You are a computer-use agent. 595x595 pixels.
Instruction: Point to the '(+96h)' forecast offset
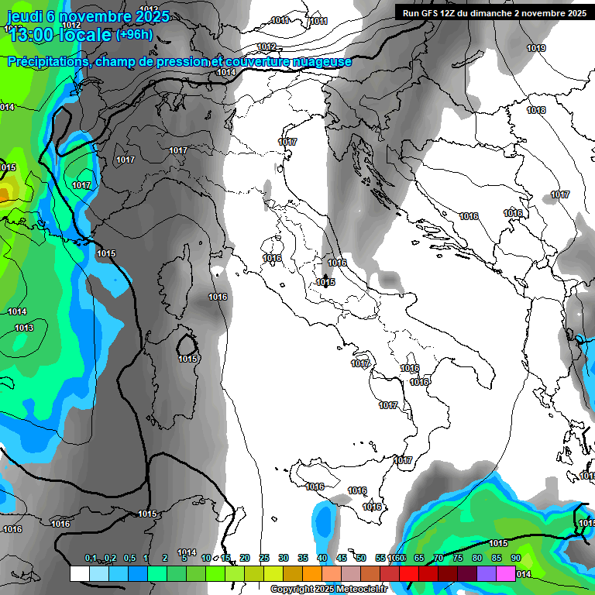pyautogui.click(x=133, y=35)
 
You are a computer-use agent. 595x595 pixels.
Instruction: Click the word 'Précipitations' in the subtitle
pyautogui.click(x=48, y=62)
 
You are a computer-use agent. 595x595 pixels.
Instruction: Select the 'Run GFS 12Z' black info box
pyautogui.click(x=494, y=12)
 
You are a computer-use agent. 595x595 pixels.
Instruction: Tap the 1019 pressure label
pyautogui.click(x=536, y=48)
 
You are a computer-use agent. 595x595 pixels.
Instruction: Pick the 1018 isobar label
pyautogui.click(x=536, y=110)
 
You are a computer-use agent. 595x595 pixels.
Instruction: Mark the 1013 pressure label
pyautogui.click(x=24, y=328)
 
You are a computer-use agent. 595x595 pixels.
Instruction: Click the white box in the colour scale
pyautogui.click(x=79, y=573)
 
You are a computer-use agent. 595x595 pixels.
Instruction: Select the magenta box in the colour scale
pyautogui.click(x=506, y=573)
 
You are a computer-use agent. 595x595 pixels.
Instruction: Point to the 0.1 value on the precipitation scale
pyautogui.click(x=91, y=558)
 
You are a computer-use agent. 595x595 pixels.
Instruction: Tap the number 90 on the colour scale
pyautogui.click(x=516, y=558)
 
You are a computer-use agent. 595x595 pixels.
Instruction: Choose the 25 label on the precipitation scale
pyautogui.click(x=264, y=558)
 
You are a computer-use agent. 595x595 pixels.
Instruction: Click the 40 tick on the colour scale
pyautogui.click(x=322, y=558)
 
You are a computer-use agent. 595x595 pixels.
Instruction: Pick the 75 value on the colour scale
pyautogui.click(x=458, y=558)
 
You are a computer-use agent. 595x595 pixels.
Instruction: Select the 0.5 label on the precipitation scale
pyautogui.click(x=129, y=558)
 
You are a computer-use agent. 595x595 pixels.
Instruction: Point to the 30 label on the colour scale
pyautogui.click(x=284, y=558)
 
